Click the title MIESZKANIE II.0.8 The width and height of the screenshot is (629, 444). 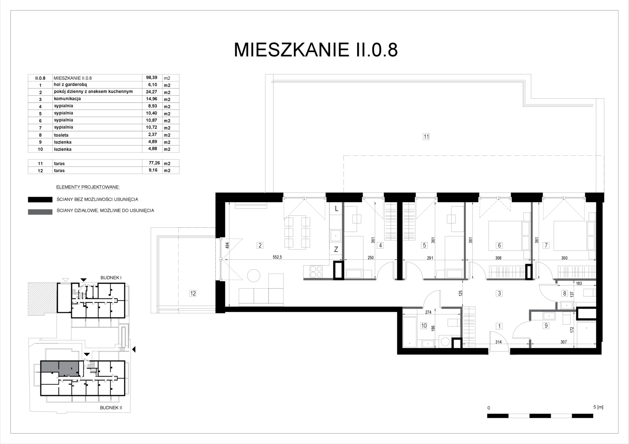coord(316,50)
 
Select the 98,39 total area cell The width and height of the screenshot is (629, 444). coord(151,77)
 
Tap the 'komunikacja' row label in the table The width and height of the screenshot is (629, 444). coord(68,99)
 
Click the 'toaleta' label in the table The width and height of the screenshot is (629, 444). coord(61,135)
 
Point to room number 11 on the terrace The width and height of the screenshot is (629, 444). coord(426,137)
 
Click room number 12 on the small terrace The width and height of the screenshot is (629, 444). coord(193,294)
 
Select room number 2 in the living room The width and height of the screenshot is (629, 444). coord(260,245)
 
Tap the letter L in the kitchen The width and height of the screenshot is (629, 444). coord(336,209)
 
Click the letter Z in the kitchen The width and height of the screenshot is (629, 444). coord(336,249)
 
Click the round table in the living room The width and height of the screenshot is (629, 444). coord(254,275)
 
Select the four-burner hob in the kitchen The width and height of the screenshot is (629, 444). coord(316,271)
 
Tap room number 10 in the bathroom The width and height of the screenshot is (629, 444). coord(424,326)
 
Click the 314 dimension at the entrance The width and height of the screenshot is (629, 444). coord(499,342)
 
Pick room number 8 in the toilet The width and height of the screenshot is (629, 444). coord(565,294)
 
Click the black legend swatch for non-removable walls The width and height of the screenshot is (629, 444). coord(40,199)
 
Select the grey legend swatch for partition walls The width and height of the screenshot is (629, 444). coord(40,212)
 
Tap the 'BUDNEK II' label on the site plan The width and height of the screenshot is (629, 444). coord(111,408)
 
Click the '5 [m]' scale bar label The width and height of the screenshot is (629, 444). coord(599,407)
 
